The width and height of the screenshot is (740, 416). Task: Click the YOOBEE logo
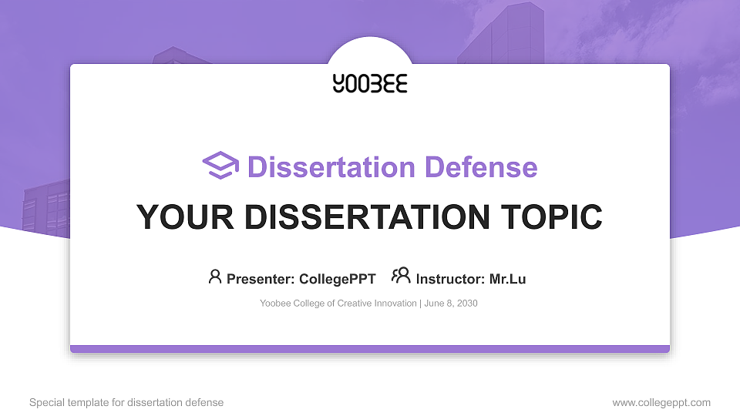[x=370, y=83]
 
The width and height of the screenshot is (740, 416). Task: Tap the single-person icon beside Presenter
[x=215, y=277]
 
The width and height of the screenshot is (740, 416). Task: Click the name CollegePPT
[x=338, y=279]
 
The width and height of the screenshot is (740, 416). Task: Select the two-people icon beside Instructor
[x=401, y=277]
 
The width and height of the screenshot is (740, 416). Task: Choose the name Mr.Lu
[x=507, y=279]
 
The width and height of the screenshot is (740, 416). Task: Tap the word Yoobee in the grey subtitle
[x=275, y=304]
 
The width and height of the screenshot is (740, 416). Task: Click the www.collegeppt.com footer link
[x=661, y=402]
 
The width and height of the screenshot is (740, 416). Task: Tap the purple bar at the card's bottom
[x=370, y=349]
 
